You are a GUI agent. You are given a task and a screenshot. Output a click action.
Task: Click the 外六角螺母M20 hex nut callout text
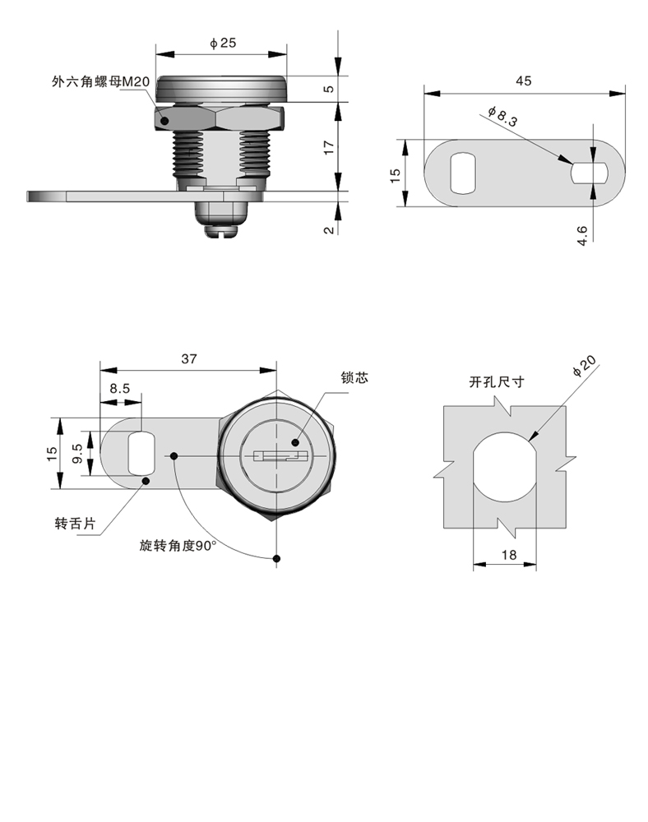(100, 81)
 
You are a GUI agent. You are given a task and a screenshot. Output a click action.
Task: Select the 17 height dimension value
(328, 148)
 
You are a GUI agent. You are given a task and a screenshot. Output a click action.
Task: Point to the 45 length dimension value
(523, 81)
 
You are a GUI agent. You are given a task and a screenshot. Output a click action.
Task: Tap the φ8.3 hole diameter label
(502, 117)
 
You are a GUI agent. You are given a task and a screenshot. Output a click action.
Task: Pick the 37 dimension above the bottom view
(188, 358)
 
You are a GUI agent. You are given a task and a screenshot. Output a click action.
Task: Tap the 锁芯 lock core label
(354, 377)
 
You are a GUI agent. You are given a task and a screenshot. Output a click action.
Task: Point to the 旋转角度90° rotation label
(177, 546)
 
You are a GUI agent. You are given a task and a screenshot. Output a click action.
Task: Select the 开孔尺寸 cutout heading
(496, 382)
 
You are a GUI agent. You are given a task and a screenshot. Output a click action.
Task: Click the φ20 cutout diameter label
(584, 367)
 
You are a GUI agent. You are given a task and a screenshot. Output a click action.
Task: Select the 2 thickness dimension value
(328, 229)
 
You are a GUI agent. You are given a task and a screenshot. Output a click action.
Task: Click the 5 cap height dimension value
(328, 89)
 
